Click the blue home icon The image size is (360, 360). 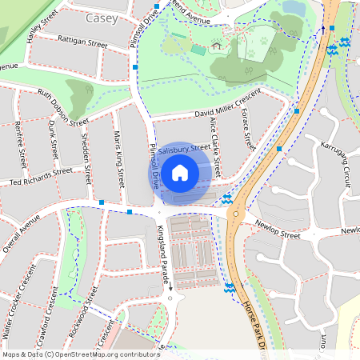pyautogui.click(x=180, y=172)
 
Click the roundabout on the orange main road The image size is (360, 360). pyautogui.click(x=236, y=214)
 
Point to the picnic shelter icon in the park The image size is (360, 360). pyautogui.click(x=216, y=46)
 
